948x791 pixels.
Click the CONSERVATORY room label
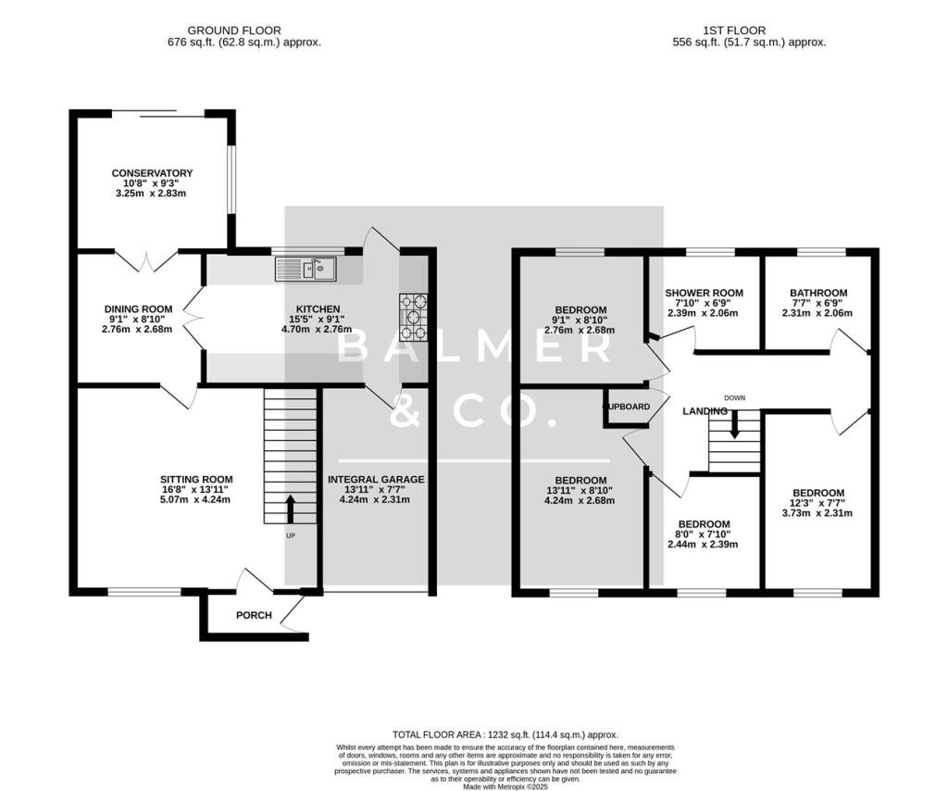tap(152, 173)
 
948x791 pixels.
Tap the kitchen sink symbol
tap(306, 270)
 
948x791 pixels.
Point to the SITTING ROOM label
tap(195, 480)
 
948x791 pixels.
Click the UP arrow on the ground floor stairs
tap(290, 508)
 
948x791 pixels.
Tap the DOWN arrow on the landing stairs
tap(734, 424)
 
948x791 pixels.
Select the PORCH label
tap(253, 615)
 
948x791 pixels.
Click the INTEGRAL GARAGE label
tap(376, 480)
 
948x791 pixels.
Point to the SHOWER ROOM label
tap(705, 294)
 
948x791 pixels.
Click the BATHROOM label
tap(818, 294)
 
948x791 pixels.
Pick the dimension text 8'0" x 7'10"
tap(705, 535)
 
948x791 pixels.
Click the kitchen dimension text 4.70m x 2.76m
tap(318, 328)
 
